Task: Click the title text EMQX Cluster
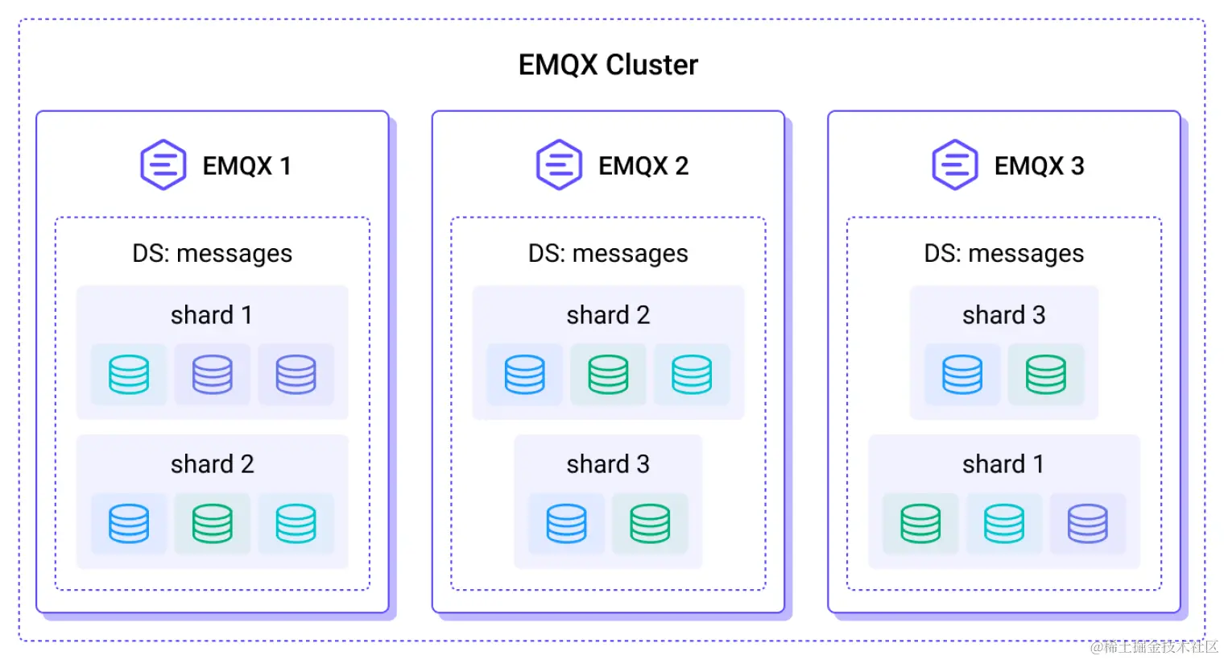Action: pyautogui.click(x=608, y=64)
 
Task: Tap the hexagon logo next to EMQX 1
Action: pyautogui.click(x=163, y=165)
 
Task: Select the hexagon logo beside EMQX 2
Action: pyautogui.click(x=559, y=165)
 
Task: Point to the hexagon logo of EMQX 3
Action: pyautogui.click(x=955, y=165)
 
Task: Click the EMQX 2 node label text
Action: pyautogui.click(x=643, y=166)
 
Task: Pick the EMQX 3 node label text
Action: pyautogui.click(x=1039, y=166)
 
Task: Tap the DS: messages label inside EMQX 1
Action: pyautogui.click(x=212, y=254)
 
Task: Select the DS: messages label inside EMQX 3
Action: pyautogui.click(x=1003, y=254)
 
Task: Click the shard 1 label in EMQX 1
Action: pyautogui.click(x=212, y=315)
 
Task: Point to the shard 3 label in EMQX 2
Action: pyautogui.click(x=608, y=464)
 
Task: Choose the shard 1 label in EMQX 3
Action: pyautogui.click(x=1003, y=464)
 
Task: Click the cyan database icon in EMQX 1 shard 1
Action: pyautogui.click(x=129, y=375)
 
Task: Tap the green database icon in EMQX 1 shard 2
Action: pyautogui.click(x=213, y=524)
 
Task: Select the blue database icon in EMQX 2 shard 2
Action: pyautogui.click(x=525, y=375)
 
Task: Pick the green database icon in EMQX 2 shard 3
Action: pyautogui.click(x=650, y=524)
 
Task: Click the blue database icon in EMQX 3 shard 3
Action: pyautogui.click(x=962, y=375)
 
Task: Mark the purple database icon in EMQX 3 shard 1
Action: pyautogui.click(x=1087, y=524)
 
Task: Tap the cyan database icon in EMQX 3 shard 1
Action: pyautogui.click(x=1004, y=524)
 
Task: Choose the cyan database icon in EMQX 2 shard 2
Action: pyautogui.click(x=692, y=375)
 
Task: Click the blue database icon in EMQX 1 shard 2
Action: pyautogui.click(x=129, y=524)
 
